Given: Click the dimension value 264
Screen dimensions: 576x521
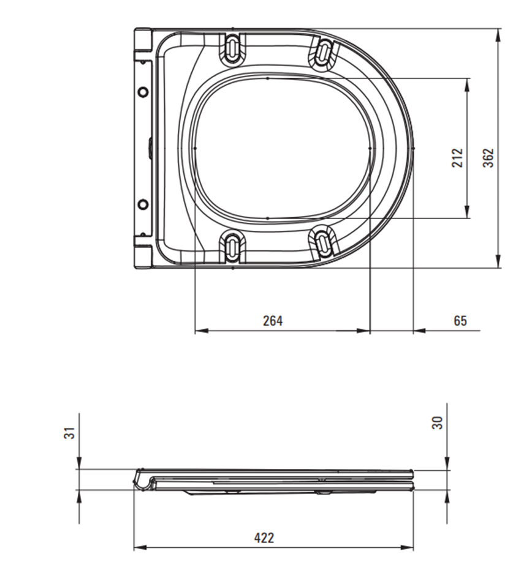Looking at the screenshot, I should click(273, 320).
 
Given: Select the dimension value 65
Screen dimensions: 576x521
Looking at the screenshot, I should click(460, 320).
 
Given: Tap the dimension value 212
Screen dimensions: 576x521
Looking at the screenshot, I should click(457, 159).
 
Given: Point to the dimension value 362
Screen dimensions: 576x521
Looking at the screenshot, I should click(488, 158).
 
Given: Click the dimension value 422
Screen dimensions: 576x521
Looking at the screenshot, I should click(264, 537).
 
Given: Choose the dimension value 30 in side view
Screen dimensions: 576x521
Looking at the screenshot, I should click(437, 422).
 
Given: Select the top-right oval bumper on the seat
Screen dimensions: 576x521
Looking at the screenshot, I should click(323, 51).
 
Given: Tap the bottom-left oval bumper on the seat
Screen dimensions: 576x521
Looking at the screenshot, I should click(234, 245).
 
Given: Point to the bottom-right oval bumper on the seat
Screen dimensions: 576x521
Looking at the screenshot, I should click(323, 241).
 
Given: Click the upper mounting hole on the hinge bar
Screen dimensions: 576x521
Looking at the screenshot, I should click(143, 92).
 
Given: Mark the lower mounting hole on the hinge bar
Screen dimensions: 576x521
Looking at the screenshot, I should click(143, 204).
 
